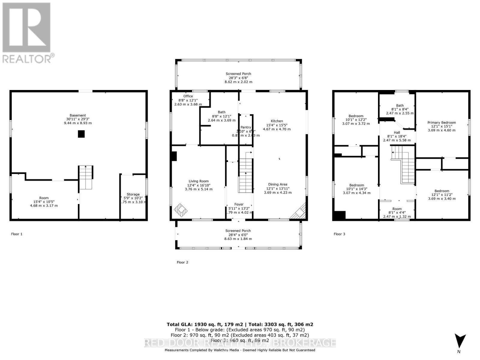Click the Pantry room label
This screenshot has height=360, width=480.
pos(246,127)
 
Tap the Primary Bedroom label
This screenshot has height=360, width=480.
pos(442,122)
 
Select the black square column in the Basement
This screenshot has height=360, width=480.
pos(81,134)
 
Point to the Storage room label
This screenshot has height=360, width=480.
pos(133,194)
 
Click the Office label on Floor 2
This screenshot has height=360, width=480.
pos(188,96)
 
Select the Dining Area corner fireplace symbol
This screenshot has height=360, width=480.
pos(298,212)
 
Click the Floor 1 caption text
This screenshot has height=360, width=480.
pos(17,234)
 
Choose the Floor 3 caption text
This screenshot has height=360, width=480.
pos(339,234)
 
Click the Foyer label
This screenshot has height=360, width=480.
pos(239,204)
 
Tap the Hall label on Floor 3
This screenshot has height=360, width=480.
pos(397,132)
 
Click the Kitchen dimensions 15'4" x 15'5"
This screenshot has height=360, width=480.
pos(277,125)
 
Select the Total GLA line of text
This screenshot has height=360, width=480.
pos(240,324)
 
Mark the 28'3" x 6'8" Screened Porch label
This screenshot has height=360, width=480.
pos(238,78)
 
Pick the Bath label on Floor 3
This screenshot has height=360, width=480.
pos(400,105)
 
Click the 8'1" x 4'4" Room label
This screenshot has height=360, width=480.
pos(397,212)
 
